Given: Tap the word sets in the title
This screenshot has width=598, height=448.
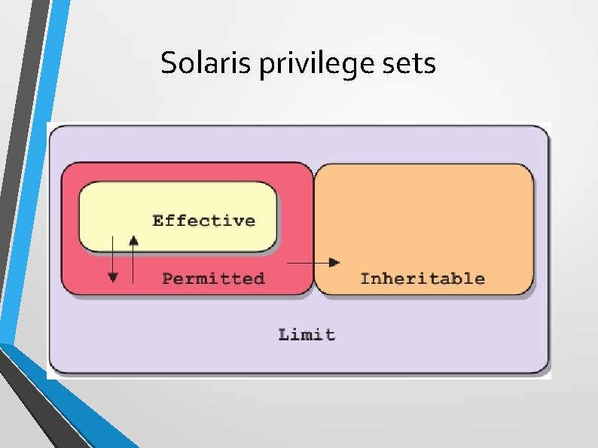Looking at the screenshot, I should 411,64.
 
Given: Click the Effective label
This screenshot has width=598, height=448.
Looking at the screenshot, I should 203,221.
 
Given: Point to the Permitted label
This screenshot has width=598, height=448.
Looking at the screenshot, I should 213,279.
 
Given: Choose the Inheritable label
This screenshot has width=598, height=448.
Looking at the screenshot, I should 422,279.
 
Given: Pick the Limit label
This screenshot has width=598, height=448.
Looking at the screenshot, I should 307,334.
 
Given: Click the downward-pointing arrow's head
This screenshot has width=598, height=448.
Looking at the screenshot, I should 113,277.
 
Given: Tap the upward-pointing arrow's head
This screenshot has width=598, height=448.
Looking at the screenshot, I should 133,240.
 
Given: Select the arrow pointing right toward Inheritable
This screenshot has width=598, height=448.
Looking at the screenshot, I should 313,262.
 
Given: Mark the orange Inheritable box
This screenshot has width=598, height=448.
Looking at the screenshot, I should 423,218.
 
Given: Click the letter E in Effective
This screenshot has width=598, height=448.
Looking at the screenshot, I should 157,221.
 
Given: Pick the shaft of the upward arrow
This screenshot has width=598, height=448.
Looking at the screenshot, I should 133,264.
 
